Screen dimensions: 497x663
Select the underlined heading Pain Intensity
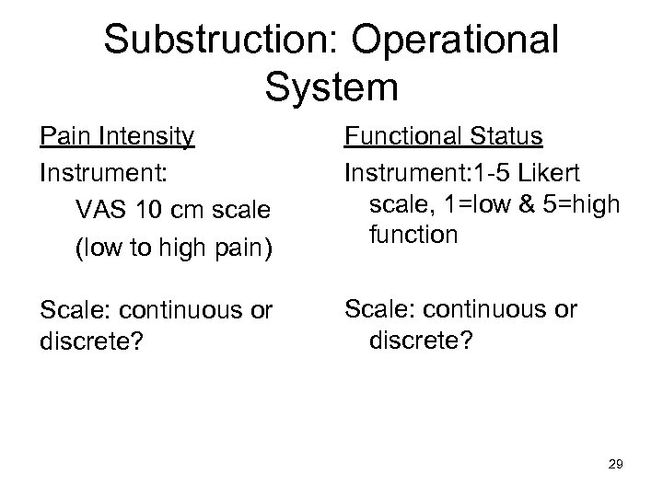tap(117, 137)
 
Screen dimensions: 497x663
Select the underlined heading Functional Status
tap(443, 137)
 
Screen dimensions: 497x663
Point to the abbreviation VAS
tap(96, 209)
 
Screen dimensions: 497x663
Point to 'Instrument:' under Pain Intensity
tap(93, 173)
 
